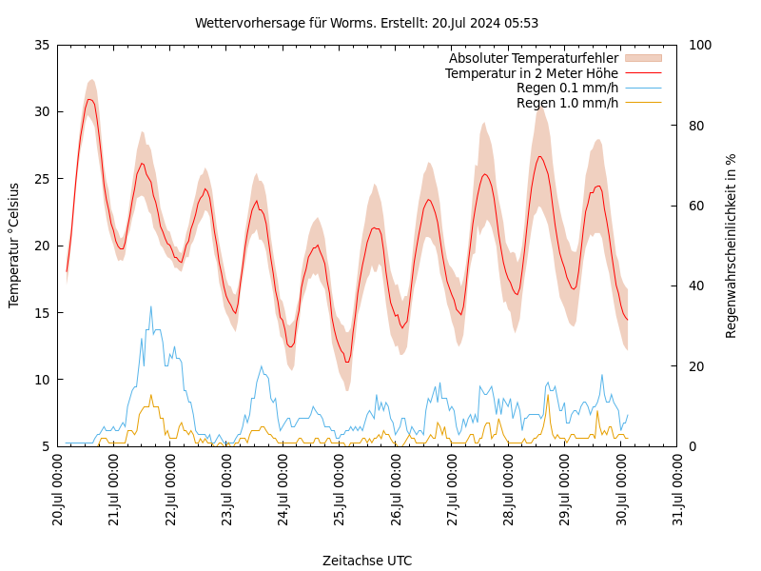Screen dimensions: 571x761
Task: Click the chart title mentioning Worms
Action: point(366,23)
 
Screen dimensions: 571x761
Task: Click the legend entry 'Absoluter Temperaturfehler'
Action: point(533,58)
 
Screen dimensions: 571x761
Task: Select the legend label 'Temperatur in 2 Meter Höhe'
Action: point(531,73)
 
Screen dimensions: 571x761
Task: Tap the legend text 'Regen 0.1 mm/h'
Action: point(567,88)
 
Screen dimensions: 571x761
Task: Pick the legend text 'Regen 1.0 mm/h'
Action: point(567,103)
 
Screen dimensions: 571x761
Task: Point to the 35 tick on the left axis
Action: point(40,45)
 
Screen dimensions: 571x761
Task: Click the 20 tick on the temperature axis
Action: point(40,246)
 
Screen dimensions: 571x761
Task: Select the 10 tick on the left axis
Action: point(40,380)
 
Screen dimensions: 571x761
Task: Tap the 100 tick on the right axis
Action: point(700,45)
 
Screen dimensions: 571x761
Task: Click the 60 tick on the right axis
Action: point(696,206)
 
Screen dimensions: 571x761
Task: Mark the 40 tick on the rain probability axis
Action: point(696,285)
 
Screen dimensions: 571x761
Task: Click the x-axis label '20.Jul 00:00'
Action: point(58,490)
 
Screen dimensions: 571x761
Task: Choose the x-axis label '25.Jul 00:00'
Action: point(340,490)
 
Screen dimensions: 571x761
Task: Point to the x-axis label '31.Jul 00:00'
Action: point(677,490)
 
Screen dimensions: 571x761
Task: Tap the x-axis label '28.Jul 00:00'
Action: point(508,490)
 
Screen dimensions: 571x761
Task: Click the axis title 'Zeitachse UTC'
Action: point(366,561)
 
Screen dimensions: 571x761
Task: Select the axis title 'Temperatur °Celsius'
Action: point(14,245)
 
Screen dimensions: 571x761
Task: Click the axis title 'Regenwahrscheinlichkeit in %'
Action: point(732,245)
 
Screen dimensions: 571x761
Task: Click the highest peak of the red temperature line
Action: point(89,99)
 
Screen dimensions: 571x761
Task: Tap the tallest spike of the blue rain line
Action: point(150,306)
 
